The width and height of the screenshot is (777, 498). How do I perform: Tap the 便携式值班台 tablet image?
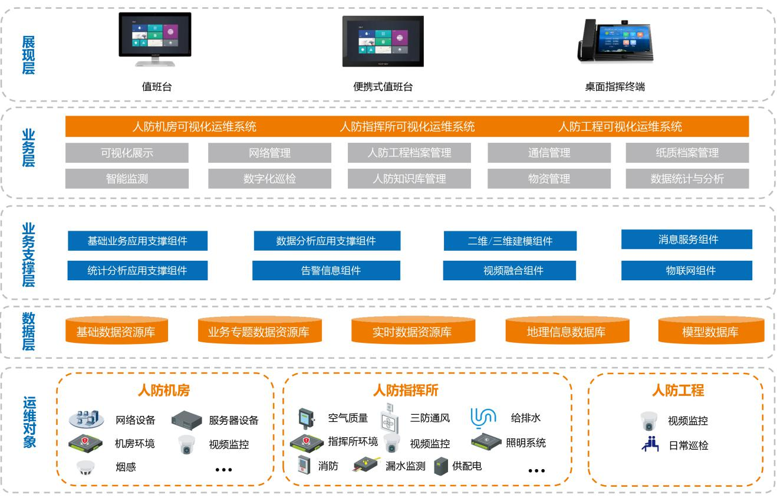click(383, 41)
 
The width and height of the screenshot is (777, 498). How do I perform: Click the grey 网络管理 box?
click(269, 153)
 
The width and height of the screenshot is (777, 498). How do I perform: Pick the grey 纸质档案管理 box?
click(687, 153)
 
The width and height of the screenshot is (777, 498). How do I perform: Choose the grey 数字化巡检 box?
click(269, 179)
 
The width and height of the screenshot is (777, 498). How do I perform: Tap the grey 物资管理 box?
click(549, 179)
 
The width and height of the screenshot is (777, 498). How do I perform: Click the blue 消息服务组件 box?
click(687, 240)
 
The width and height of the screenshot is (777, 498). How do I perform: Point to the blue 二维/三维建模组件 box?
click(510, 241)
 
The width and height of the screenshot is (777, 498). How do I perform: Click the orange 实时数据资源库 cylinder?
click(411, 332)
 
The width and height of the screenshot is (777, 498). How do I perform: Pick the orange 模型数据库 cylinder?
click(710, 332)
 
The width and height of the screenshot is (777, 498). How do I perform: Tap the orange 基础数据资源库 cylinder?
click(116, 332)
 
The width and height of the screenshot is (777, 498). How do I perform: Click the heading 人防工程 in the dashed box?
click(677, 390)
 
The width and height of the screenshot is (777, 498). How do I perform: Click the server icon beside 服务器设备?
click(187, 420)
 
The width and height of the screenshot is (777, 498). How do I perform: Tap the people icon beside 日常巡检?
click(650, 445)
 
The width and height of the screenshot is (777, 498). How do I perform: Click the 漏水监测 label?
click(405, 466)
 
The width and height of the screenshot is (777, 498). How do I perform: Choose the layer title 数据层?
click(28, 331)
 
